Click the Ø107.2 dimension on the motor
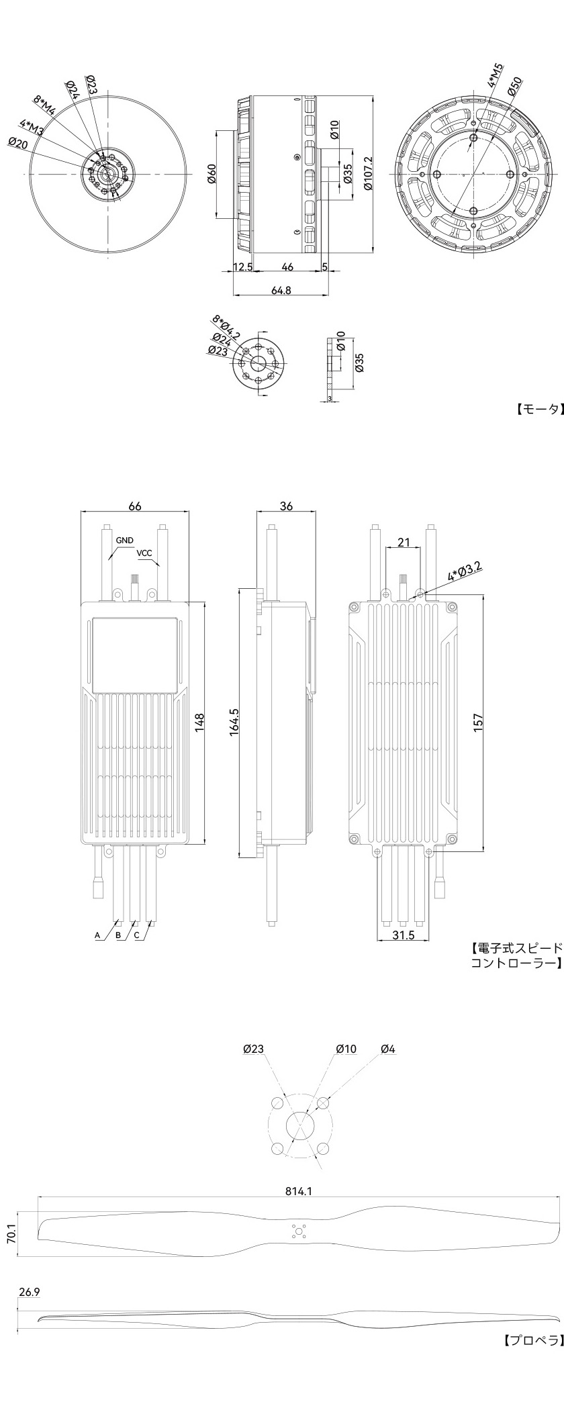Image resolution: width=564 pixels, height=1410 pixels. pyautogui.click(x=367, y=174)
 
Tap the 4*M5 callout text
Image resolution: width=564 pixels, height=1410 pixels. pyautogui.click(x=496, y=77)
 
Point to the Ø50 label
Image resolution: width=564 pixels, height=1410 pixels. pyautogui.click(x=515, y=87)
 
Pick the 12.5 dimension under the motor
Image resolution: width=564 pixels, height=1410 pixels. pyautogui.click(x=242, y=267)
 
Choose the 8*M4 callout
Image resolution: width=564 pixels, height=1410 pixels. pyautogui.click(x=45, y=106)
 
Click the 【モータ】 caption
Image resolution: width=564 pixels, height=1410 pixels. pyautogui.click(x=538, y=409)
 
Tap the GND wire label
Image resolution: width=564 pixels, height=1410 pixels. pyautogui.click(x=124, y=540)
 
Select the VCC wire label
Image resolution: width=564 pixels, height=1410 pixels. pyautogui.click(x=144, y=553)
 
